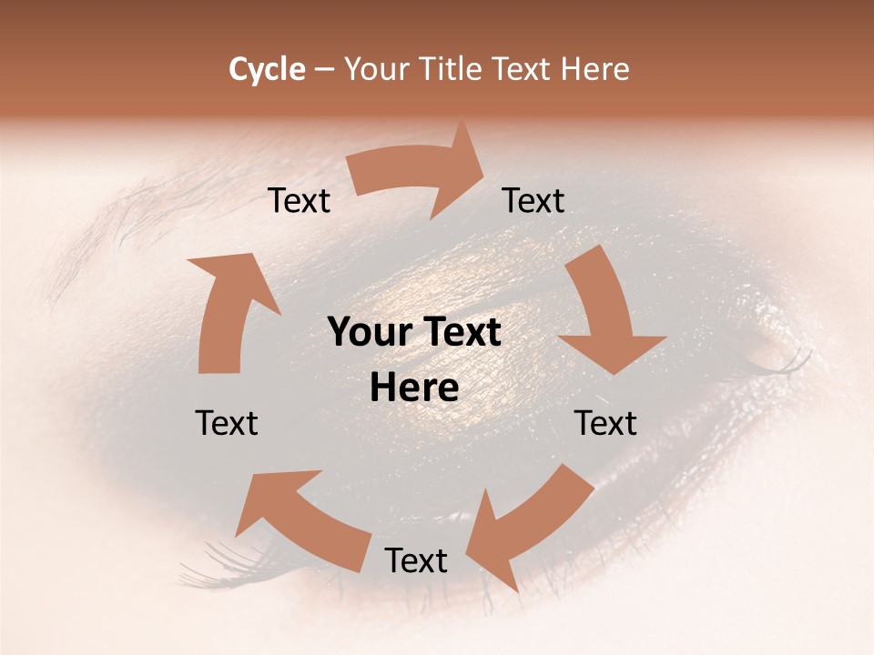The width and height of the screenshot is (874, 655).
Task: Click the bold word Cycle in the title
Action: [x=267, y=69]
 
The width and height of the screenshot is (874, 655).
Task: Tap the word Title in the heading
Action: [x=452, y=69]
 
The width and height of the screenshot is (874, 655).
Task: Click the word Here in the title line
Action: [x=595, y=69]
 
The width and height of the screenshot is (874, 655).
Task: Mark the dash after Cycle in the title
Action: [x=324, y=69]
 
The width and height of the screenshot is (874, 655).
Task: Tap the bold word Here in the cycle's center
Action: [x=414, y=388]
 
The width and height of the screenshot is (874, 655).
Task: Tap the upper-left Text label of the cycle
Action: [x=300, y=201]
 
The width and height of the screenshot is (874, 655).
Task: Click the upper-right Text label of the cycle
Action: [x=534, y=201]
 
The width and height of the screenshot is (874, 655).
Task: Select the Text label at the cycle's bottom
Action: [x=416, y=560]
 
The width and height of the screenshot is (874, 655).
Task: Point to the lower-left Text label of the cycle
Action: [x=227, y=423]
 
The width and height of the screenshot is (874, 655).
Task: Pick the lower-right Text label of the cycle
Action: [x=606, y=423]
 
